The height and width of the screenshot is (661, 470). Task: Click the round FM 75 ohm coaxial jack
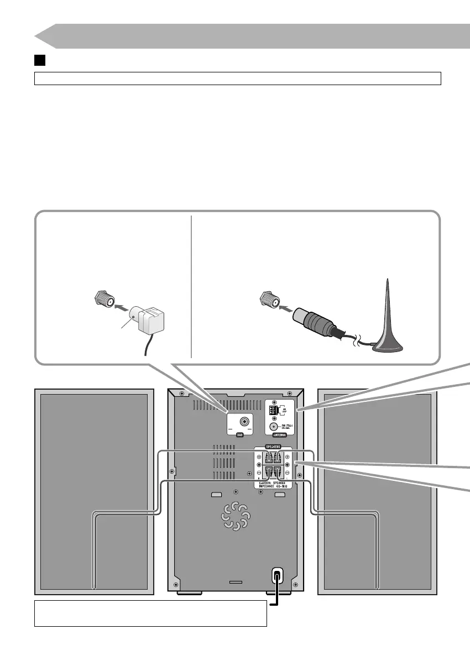coord(273,426)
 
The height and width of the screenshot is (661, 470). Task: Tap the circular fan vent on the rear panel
coord(235,516)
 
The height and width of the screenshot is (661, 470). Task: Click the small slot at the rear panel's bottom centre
coord(236,582)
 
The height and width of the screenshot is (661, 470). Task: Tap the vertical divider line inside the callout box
coord(191,287)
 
